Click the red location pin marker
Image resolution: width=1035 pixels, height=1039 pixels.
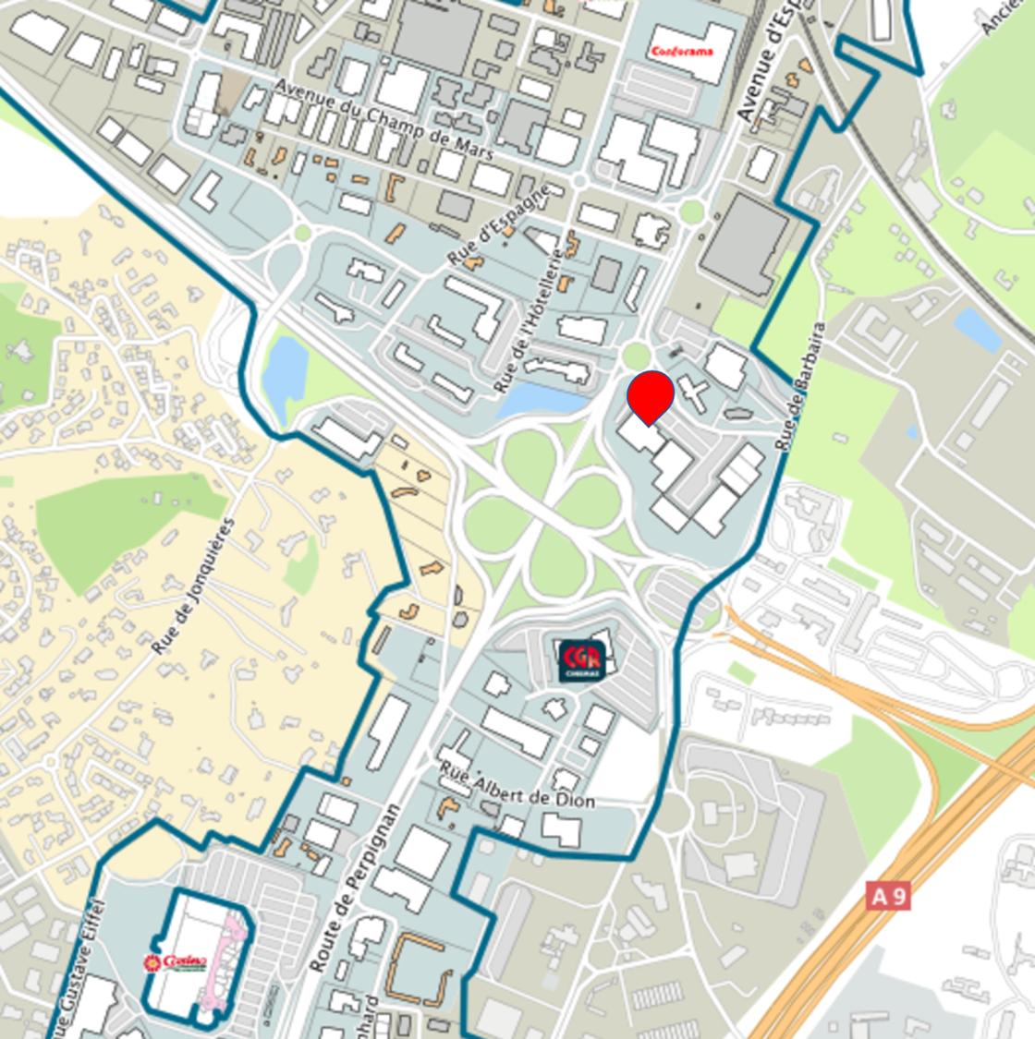pyautogui.click(x=650, y=395)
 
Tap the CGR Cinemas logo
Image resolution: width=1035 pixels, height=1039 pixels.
pyautogui.click(x=582, y=661)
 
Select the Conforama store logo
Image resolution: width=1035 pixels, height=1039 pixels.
pyautogui.click(x=682, y=51)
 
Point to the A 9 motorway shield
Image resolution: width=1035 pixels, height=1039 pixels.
pyautogui.click(x=888, y=895)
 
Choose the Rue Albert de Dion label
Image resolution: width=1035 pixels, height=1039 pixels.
pyautogui.click(x=517, y=787)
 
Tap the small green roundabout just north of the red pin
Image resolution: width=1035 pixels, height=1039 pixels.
pyautogui.click(x=636, y=355)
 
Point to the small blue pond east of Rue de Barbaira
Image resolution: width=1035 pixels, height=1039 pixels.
pyautogui.click(x=978, y=329)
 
